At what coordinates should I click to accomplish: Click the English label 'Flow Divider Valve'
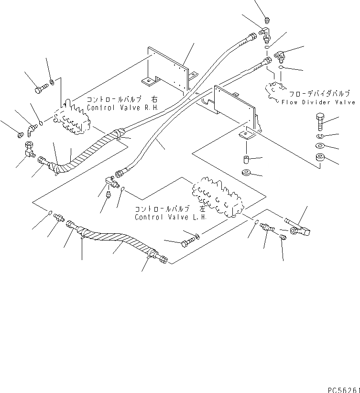click(x=318, y=102)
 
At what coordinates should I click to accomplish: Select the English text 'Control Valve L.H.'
click(x=171, y=217)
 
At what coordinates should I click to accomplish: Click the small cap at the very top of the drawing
click(x=267, y=20)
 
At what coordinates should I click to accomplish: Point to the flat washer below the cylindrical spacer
click(x=247, y=172)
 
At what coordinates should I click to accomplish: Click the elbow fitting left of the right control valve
click(x=32, y=128)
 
